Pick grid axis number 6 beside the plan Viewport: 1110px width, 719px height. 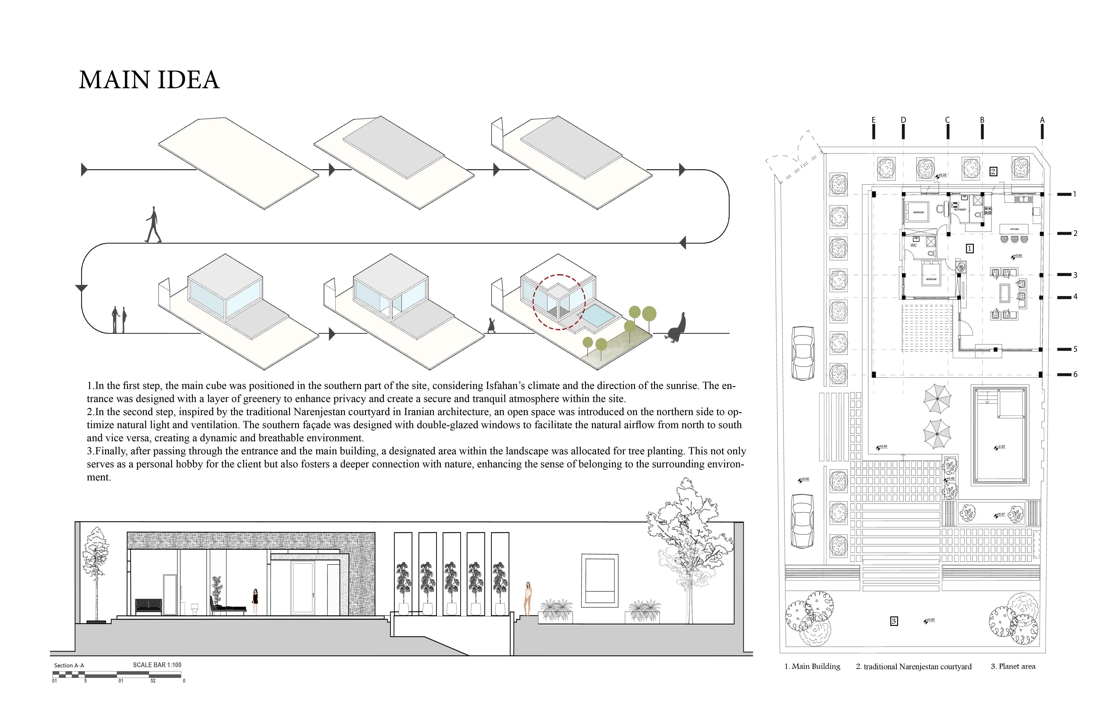click(1075, 375)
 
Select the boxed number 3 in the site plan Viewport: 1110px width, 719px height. click(894, 621)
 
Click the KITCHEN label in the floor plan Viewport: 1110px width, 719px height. click(1014, 229)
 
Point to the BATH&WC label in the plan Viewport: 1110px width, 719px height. click(960, 210)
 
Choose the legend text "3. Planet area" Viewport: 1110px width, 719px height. click(1013, 666)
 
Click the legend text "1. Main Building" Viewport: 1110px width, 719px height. click(812, 666)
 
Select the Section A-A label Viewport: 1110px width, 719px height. click(69, 665)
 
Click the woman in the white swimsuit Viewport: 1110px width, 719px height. click(528, 599)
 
